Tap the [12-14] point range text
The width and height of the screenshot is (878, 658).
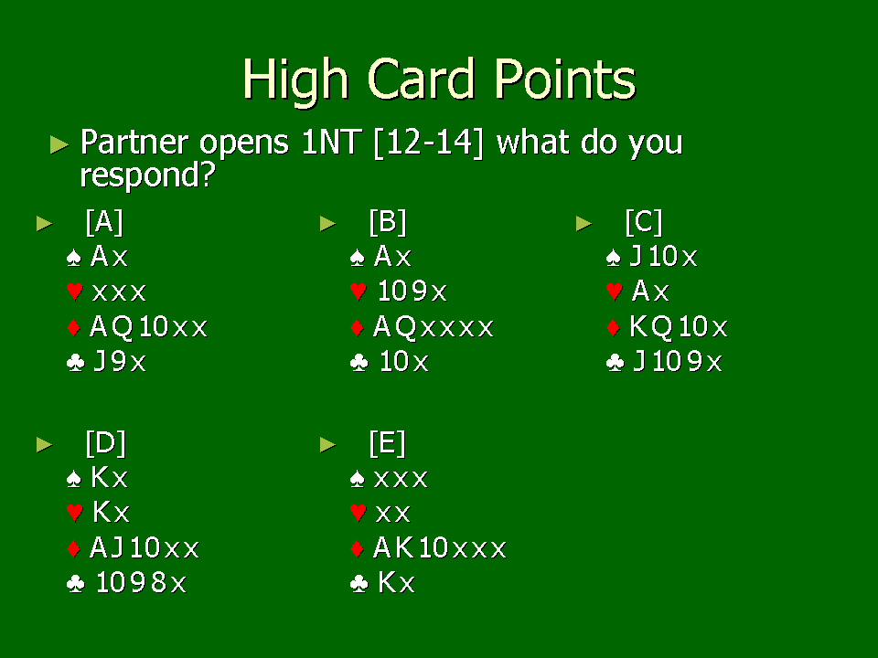click(428, 143)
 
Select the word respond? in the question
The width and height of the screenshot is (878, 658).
click(148, 175)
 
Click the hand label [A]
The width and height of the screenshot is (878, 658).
click(104, 222)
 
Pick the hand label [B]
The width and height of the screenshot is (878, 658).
click(388, 222)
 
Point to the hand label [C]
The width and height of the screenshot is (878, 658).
click(644, 222)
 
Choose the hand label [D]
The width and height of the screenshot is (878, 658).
click(106, 443)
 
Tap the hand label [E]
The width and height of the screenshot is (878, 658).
click(387, 443)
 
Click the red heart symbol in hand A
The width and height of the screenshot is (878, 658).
click(74, 292)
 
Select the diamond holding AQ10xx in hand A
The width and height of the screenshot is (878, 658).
click(148, 327)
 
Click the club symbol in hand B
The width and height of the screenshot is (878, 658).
click(359, 363)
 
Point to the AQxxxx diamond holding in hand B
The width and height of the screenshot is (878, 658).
click(434, 327)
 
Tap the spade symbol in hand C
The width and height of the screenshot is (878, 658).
click(614, 258)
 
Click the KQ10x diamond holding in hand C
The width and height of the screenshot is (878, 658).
click(679, 327)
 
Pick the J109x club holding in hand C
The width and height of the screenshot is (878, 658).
click(678, 362)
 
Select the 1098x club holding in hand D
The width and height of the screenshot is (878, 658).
click(141, 582)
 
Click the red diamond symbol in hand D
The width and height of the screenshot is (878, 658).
click(74, 548)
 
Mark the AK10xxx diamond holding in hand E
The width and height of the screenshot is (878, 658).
click(440, 547)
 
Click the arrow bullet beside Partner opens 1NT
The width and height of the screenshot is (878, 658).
click(59, 144)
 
